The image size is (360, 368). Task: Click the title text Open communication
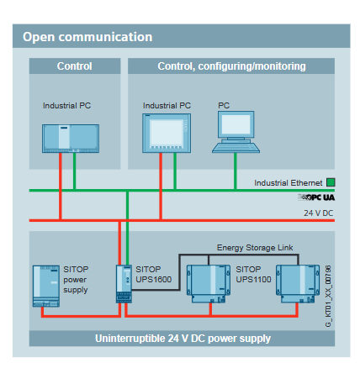[87, 37]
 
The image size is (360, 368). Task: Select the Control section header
[74, 66]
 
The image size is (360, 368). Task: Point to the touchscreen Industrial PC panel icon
[167, 133]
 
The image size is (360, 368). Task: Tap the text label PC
[224, 106]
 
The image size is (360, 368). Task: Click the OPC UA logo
[317, 196]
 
